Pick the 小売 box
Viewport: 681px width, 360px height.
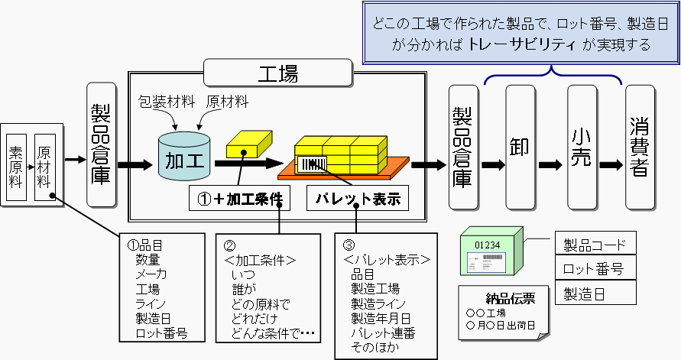[582, 146]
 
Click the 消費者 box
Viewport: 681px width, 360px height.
[640, 146]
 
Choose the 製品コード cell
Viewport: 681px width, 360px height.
[595, 245]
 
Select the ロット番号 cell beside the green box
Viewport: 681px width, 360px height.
[595, 269]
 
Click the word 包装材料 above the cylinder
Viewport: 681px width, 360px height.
[165, 102]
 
